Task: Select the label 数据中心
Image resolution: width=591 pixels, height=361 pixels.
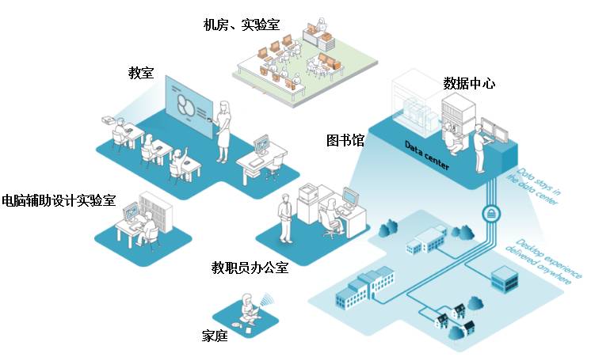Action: tap(469, 82)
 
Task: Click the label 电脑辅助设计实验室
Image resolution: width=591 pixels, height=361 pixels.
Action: tap(59, 201)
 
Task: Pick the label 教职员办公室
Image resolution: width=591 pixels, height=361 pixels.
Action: tap(250, 268)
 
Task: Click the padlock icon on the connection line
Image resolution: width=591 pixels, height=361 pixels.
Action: tap(490, 214)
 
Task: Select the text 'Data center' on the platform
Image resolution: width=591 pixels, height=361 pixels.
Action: tap(427, 156)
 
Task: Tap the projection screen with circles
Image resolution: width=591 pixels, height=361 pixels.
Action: tap(188, 105)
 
